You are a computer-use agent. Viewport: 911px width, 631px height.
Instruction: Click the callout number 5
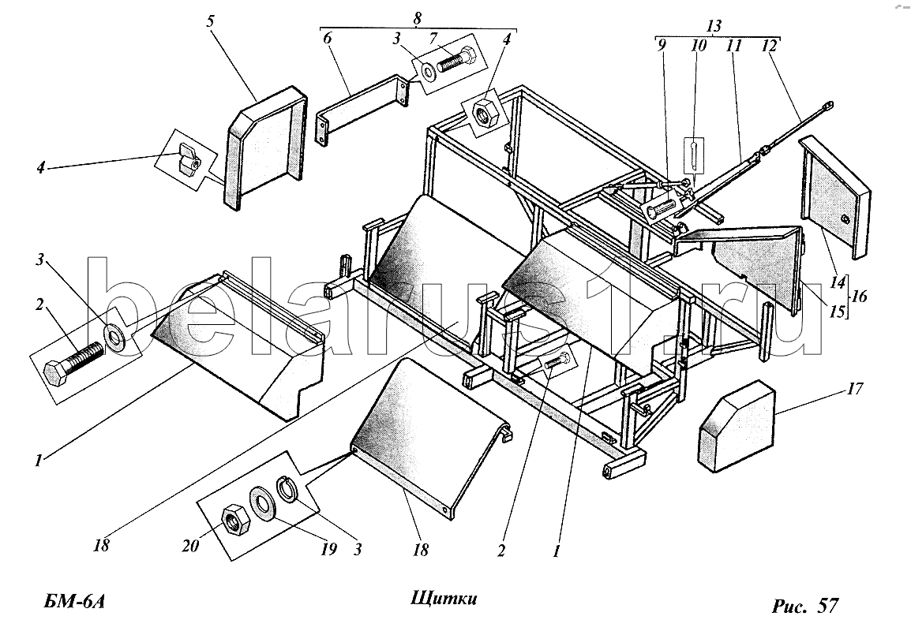pyautogui.click(x=210, y=22)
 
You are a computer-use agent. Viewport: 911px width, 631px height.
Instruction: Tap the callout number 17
pyautogui.click(x=855, y=388)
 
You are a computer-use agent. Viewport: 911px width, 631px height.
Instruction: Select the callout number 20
pyautogui.click(x=190, y=546)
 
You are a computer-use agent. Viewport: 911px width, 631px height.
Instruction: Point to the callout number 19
pyautogui.click(x=328, y=548)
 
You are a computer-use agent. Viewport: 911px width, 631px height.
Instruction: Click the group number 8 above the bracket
pyautogui.click(x=417, y=18)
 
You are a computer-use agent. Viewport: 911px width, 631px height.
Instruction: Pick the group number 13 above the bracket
pyautogui.click(x=714, y=26)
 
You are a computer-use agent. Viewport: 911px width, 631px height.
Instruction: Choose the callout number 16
pyautogui.click(x=859, y=297)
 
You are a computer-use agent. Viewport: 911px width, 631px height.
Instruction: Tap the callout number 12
pyautogui.click(x=769, y=45)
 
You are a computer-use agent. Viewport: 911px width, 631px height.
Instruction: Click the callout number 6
pyautogui.click(x=327, y=39)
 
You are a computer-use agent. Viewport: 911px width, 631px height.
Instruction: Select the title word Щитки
pyautogui.click(x=444, y=599)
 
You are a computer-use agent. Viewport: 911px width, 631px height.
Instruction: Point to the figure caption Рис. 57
pyautogui.click(x=805, y=606)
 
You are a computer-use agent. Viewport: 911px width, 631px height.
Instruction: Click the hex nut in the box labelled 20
pyautogui.click(x=235, y=518)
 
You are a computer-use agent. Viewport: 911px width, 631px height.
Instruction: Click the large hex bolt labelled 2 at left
pyautogui.click(x=74, y=363)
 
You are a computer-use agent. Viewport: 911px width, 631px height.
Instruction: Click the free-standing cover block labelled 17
pyautogui.click(x=736, y=425)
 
